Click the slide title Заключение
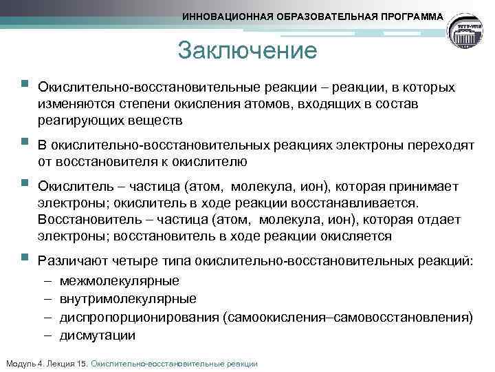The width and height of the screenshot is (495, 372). coord(247,50)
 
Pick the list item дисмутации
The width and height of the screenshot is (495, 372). coord(98,335)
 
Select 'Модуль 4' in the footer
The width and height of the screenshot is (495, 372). coord(23,363)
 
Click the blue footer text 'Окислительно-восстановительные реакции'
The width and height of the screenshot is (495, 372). coord(174,363)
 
